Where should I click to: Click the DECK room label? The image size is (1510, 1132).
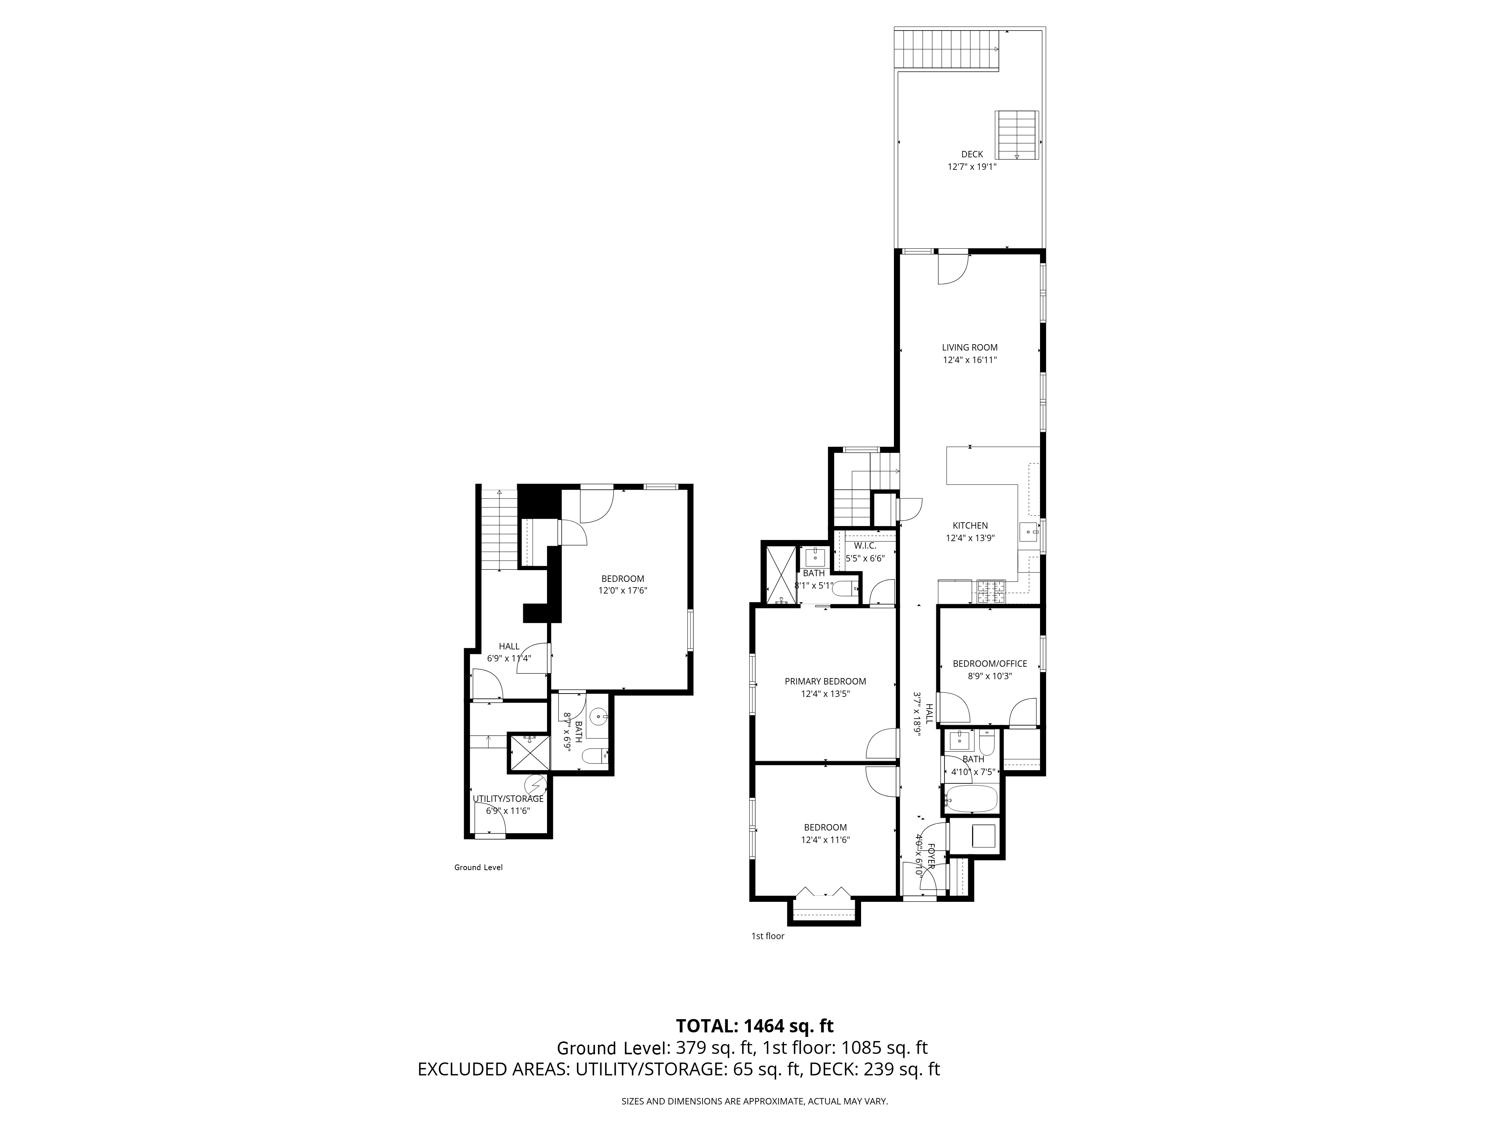click(972, 155)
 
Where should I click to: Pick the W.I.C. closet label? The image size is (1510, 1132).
click(865, 546)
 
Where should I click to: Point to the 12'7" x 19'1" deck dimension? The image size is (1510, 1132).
click(972, 166)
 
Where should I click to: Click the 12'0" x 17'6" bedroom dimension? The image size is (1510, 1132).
click(622, 591)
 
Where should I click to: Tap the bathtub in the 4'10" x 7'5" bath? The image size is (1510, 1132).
click(971, 798)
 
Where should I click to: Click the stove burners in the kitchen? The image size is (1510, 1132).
click(991, 592)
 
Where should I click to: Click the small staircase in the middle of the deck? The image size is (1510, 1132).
click(1017, 134)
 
